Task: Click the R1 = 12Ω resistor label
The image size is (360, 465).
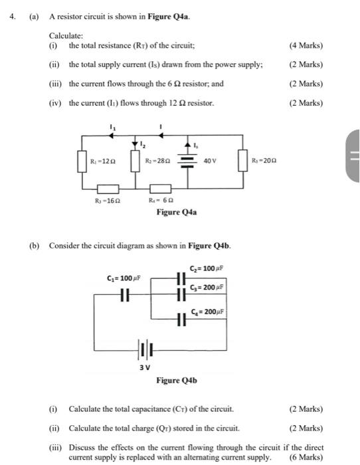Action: tap(104, 161)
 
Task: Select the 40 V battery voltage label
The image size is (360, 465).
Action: tap(211, 161)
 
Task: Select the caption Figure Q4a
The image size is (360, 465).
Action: tap(176, 213)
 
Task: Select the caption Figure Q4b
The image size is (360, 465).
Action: tap(176, 381)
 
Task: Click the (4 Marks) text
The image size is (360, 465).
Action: tap(306, 46)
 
